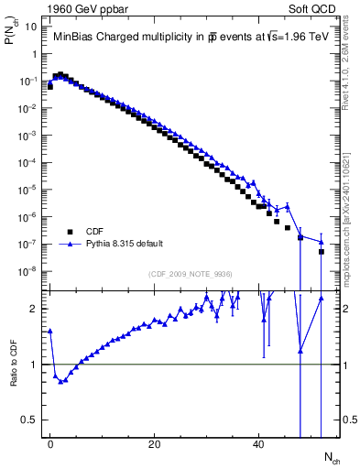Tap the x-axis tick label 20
coord(155,444)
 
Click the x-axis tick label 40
coord(259,444)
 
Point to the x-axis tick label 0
coord(50,444)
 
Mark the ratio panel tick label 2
coord(35,309)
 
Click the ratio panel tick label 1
coord(35,365)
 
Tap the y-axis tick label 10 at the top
coord(31,27)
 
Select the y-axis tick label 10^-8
coord(29,271)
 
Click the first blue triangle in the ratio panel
coord(50,331)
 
